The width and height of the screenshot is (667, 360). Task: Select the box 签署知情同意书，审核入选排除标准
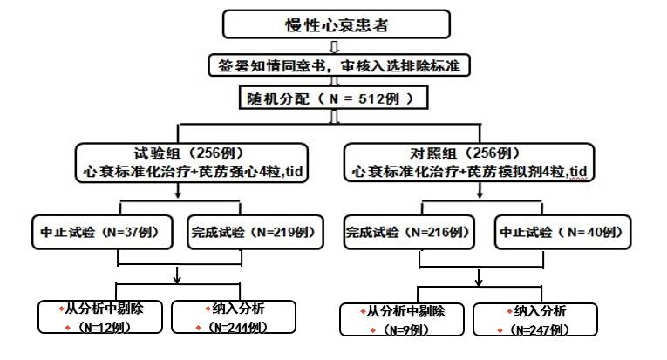tap(335, 65)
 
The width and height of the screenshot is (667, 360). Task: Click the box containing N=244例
tap(231, 318)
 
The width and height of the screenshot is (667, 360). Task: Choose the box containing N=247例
tap(534, 319)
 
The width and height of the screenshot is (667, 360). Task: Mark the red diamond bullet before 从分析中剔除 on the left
tap(61, 309)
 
